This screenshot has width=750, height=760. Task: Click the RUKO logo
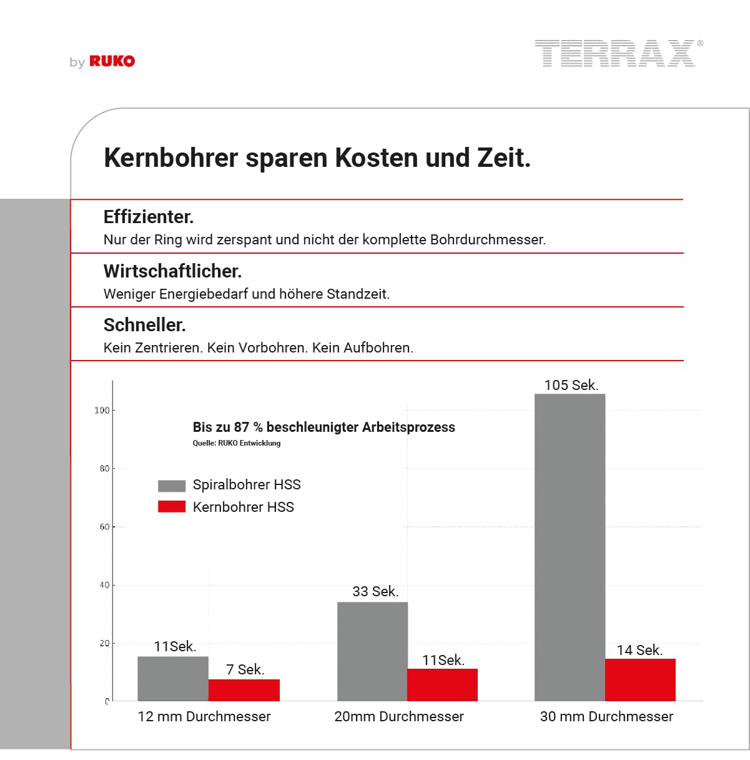[111, 61]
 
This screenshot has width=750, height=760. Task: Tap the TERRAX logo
[615, 53]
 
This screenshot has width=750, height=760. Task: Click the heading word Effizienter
[149, 217]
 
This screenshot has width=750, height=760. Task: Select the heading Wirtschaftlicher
[172, 271]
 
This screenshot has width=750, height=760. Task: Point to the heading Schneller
[144, 325]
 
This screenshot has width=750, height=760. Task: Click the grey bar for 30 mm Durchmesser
[570, 547]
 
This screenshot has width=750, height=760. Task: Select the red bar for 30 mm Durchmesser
[640, 679]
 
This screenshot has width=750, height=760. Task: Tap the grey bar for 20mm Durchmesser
[372, 651]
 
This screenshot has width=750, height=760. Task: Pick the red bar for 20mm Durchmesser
[442, 684]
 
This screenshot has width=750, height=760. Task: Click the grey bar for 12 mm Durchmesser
[173, 678]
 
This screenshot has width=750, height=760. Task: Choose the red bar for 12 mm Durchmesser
[244, 690]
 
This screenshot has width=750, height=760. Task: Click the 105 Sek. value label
[571, 385]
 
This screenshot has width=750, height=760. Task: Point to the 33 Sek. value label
[375, 591]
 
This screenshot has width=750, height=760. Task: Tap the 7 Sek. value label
[245, 669]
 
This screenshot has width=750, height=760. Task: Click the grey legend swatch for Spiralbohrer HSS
[172, 486]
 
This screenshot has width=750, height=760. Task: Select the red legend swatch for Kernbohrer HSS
[172, 507]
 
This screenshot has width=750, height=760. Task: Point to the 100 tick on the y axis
[101, 411]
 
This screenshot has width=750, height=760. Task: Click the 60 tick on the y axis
[104, 527]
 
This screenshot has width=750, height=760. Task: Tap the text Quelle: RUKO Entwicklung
[237, 443]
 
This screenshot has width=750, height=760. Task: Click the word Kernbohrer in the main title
[170, 157]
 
